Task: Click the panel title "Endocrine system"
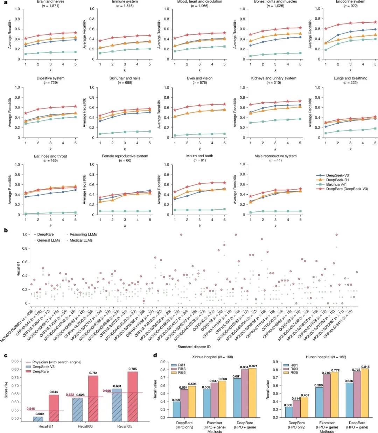point(350,2)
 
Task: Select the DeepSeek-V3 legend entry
point(337,175)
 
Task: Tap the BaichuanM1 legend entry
point(336,184)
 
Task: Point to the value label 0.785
point(133,369)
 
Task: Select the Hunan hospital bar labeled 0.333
point(289,412)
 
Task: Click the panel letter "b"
point(6,230)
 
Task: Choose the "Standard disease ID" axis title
point(194,347)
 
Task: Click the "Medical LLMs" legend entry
point(81,240)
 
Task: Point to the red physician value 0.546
point(31,409)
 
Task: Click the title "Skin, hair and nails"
point(125,78)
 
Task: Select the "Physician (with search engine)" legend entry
point(57,362)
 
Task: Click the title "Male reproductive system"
point(275,156)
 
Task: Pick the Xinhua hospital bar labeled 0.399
point(177,409)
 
